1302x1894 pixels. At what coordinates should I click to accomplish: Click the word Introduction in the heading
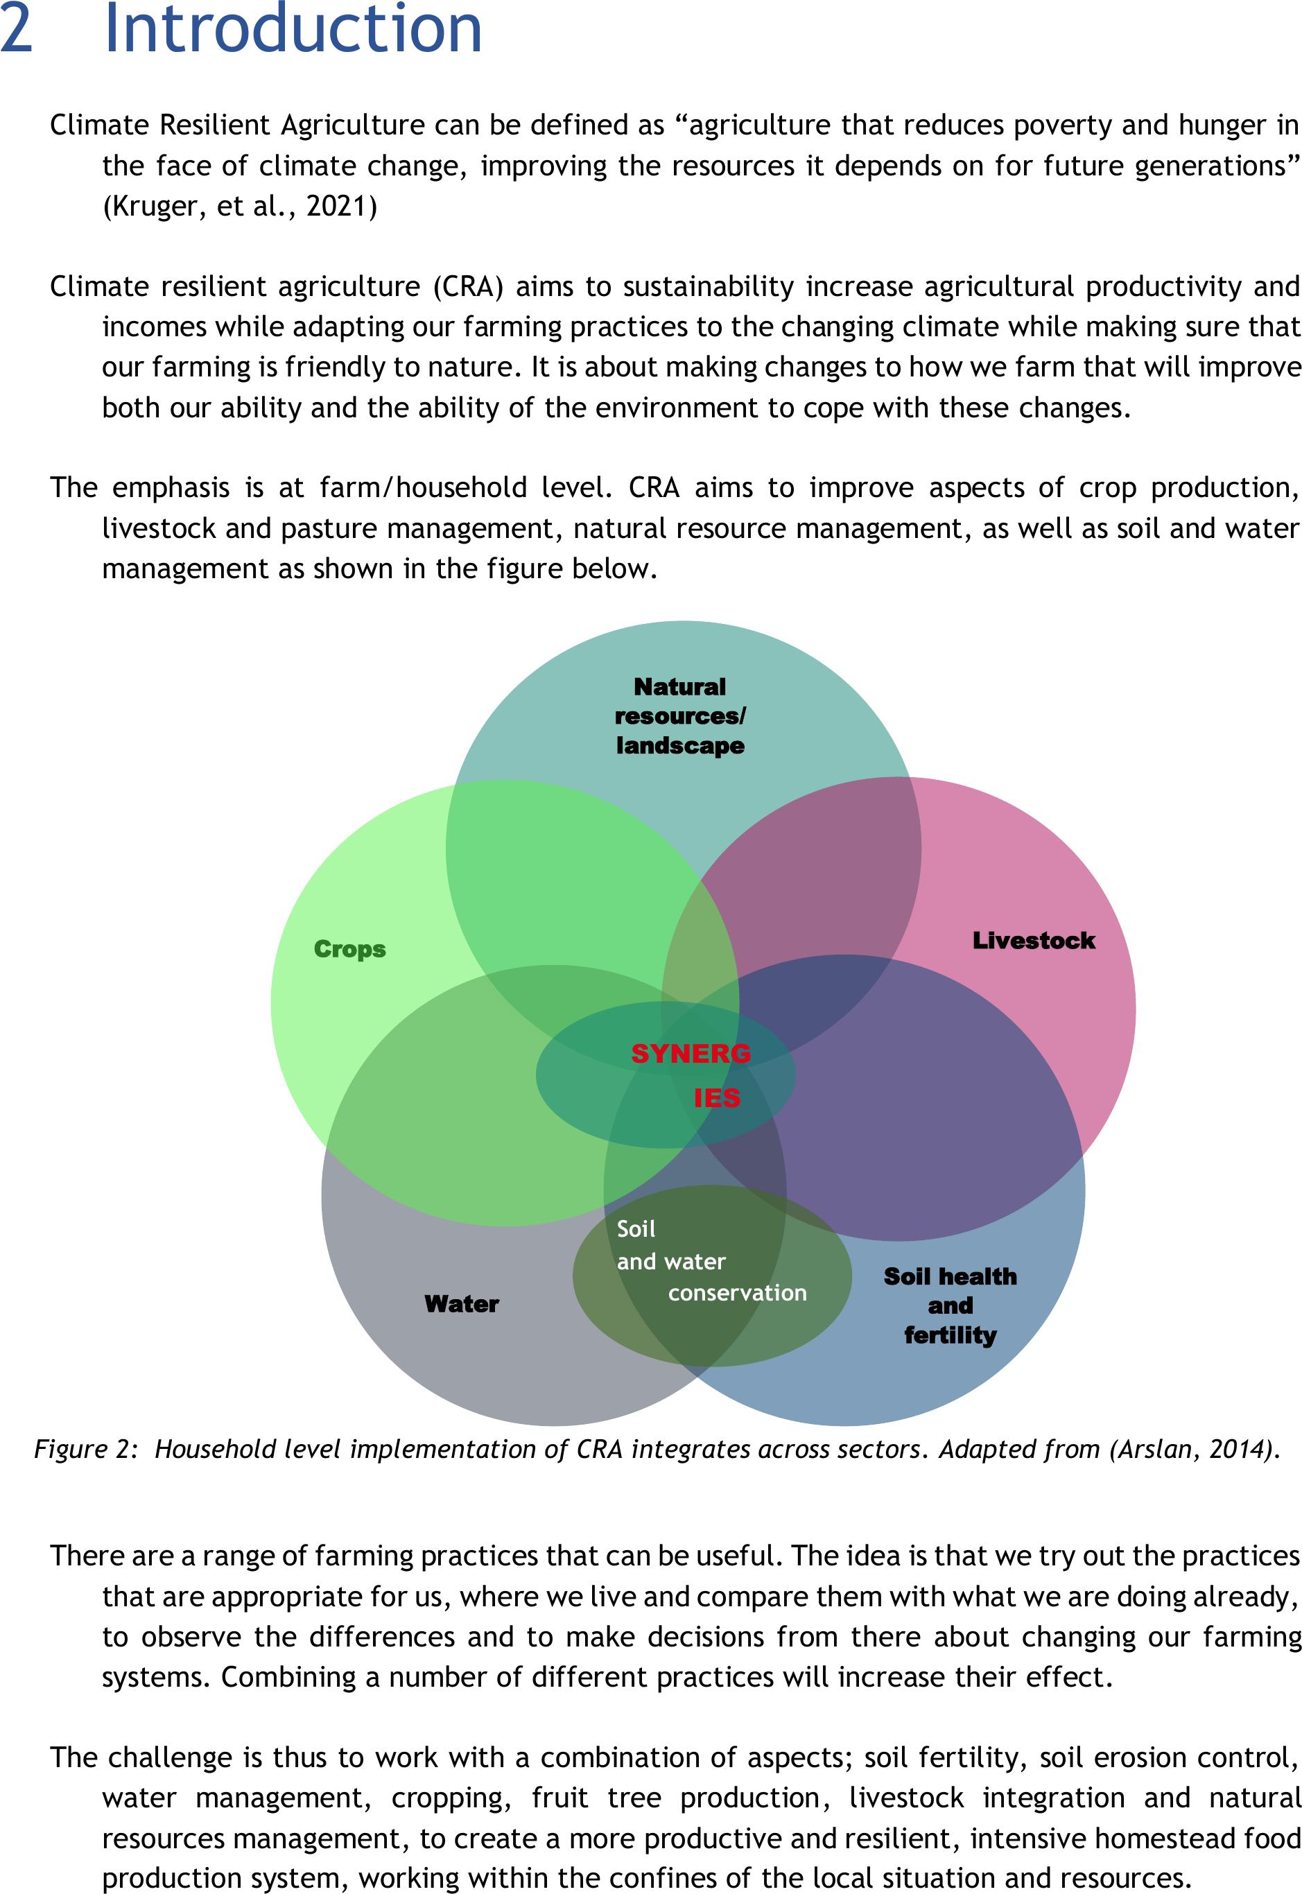pos(294,28)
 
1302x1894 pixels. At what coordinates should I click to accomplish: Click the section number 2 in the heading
pos(17,29)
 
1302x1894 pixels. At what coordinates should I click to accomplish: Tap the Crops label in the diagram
pos(350,950)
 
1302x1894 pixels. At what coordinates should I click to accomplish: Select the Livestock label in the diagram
pos(1034,941)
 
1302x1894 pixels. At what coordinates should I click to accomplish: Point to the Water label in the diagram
pos(462,1303)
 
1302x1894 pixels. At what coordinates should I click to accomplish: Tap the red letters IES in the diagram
pos(717,1098)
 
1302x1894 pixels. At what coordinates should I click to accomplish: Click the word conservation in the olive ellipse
pos(738,1293)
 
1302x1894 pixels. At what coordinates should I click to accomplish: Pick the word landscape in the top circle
pos(680,745)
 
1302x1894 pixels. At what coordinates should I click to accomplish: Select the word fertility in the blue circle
pos(951,1335)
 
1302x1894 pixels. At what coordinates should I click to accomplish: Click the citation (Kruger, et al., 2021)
pos(240,207)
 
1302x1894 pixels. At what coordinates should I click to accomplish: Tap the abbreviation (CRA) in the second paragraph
pos(468,287)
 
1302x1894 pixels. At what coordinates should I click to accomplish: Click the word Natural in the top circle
pos(679,687)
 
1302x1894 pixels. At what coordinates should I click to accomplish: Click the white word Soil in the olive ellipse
pos(636,1229)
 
